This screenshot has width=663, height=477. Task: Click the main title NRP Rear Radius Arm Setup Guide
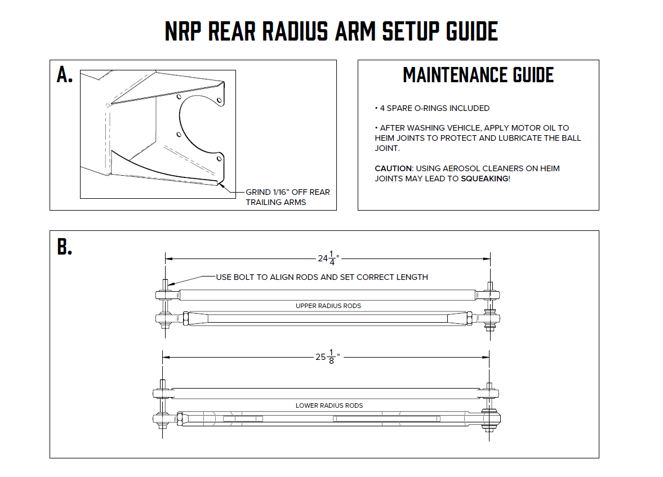pos(331,32)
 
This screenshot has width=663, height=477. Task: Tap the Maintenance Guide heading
pos(478,75)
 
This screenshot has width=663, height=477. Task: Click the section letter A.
pos(65,74)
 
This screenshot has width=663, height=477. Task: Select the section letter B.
pos(65,247)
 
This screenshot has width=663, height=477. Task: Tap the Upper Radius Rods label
pos(328,306)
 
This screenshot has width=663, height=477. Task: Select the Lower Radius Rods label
pos(329,405)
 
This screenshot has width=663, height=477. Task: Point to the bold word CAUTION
pos(393,168)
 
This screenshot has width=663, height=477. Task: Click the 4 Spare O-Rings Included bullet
pos(432,108)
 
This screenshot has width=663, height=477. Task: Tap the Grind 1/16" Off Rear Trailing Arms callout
pos(287,197)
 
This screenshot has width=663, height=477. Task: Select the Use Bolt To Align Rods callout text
pos(322,277)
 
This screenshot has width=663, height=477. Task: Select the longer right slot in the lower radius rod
pos(386,418)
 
